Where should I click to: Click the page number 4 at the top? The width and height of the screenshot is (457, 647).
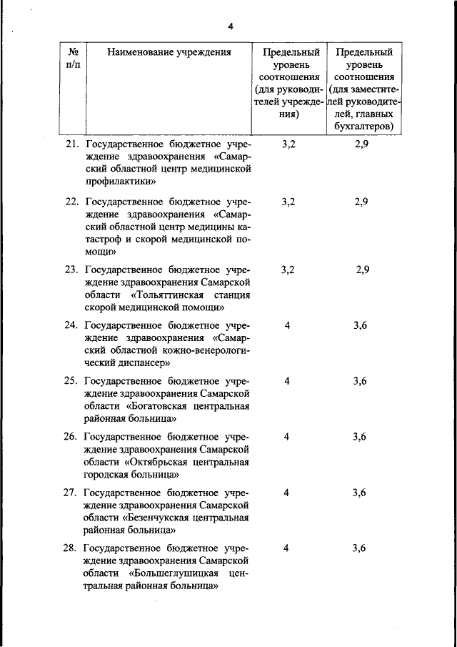(x=231, y=27)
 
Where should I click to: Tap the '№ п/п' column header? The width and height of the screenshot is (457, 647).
(x=73, y=58)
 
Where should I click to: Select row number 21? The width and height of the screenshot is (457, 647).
(x=71, y=144)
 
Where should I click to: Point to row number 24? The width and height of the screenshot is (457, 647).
(x=71, y=325)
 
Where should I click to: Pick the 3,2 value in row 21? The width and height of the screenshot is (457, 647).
(x=288, y=144)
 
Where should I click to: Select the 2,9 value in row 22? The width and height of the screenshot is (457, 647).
(x=361, y=202)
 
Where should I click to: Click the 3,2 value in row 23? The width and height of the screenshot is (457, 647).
(x=288, y=270)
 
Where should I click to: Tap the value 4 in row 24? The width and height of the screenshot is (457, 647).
(x=287, y=325)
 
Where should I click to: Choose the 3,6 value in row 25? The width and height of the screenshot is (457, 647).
(x=360, y=381)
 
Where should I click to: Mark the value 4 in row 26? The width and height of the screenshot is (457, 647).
(x=287, y=437)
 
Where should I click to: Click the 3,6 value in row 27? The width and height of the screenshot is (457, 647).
(x=360, y=493)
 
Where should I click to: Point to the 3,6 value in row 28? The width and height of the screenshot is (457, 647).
(x=360, y=548)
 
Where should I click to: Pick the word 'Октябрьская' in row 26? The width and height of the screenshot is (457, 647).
(x=158, y=462)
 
